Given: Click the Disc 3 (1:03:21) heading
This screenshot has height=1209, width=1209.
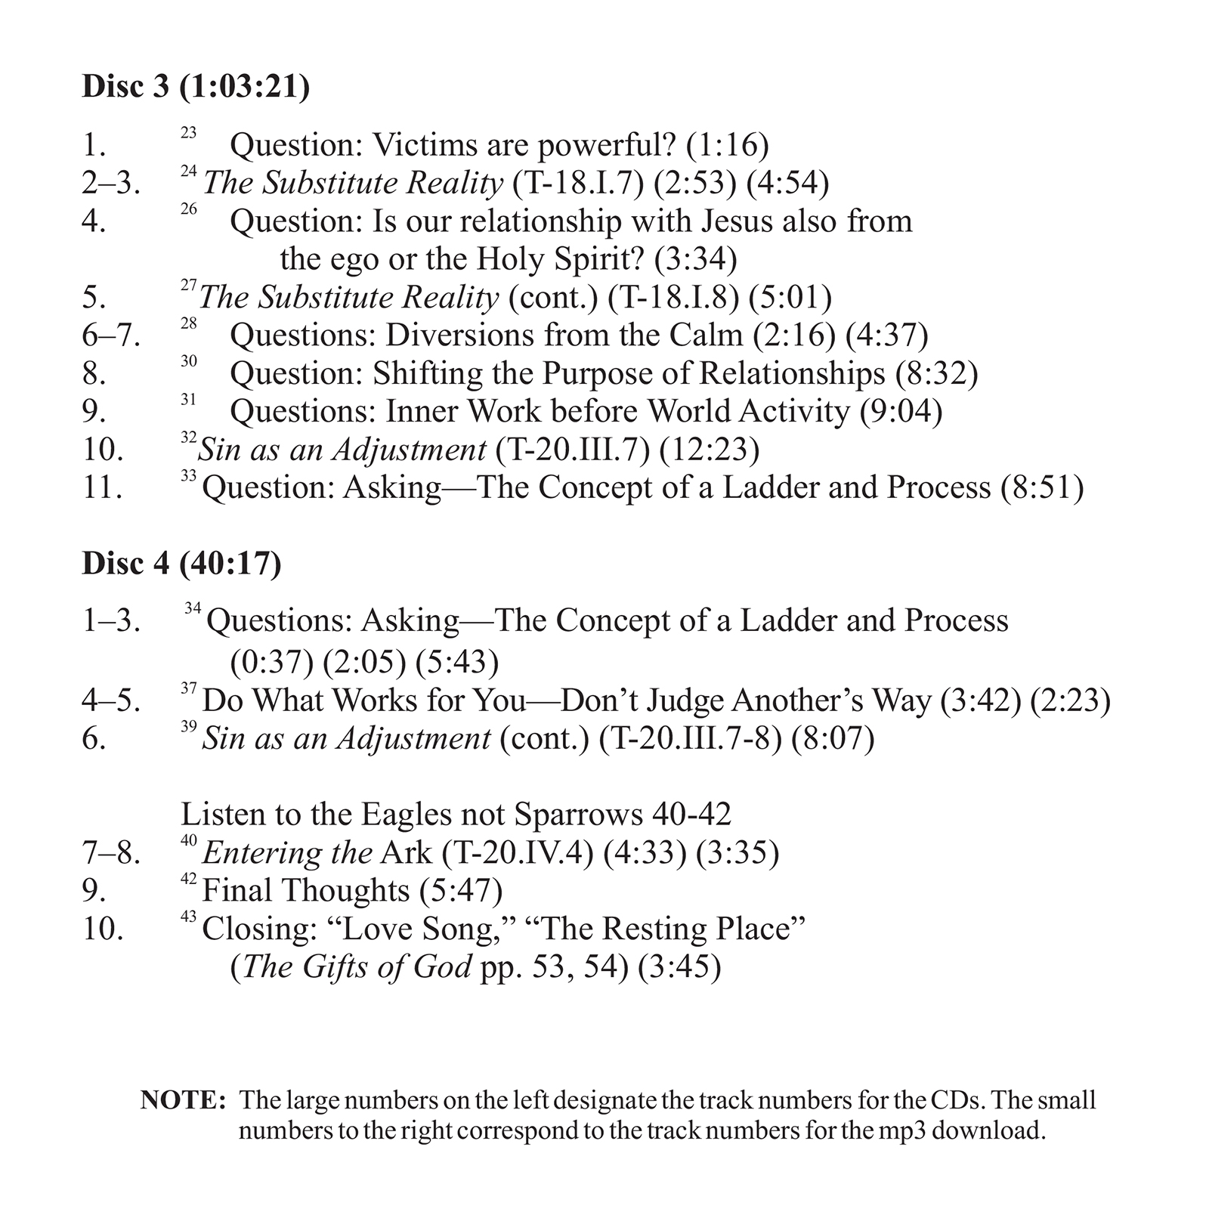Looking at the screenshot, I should [x=196, y=87].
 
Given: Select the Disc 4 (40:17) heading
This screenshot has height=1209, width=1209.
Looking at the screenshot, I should [x=181, y=564].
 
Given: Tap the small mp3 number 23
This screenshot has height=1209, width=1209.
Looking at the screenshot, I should [x=188, y=133].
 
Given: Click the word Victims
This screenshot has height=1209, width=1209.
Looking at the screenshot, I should [x=425, y=145].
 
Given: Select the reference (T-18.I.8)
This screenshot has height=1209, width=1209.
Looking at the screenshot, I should [x=673, y=298].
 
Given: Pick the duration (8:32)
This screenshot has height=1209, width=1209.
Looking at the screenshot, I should [x=936, y=373].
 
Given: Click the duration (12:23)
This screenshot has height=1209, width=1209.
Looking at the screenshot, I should [x=709, y=450].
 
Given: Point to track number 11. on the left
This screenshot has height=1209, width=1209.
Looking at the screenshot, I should [x=102, y=488].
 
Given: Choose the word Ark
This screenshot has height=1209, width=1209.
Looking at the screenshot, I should [x=406, y=853].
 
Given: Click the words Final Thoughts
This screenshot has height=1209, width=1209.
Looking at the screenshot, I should [x=305, y=891].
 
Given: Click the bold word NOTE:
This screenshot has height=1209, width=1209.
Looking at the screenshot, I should [x=184, y=1101].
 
